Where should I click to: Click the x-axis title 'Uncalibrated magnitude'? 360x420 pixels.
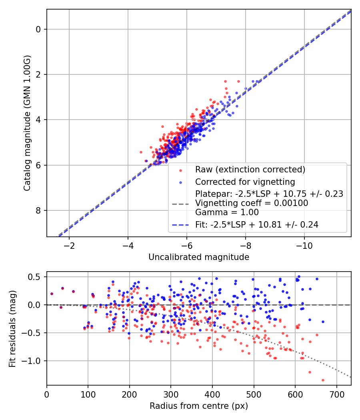[x=199, y=257]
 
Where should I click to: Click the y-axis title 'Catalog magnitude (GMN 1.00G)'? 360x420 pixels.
[x=27, y=123]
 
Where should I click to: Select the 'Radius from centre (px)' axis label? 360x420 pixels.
[x=199, y=406]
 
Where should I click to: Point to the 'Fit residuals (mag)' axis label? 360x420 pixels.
[x=12, y=329]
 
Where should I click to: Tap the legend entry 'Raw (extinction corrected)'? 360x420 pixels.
[x=250, y=169]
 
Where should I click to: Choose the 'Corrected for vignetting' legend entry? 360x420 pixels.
[x=245, y=182]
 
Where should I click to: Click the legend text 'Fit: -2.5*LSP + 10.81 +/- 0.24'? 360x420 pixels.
[x=257, y=225]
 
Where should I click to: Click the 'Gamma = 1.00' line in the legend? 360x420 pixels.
[x=227, y=212]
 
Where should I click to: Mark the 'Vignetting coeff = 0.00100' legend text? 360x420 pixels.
[x=252, y=203]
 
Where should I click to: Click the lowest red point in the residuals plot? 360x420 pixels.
[x=323, y=380]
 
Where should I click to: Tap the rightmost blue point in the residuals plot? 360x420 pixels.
[x=323, y=322]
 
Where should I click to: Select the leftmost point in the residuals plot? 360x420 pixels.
[x=52, y=294]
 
